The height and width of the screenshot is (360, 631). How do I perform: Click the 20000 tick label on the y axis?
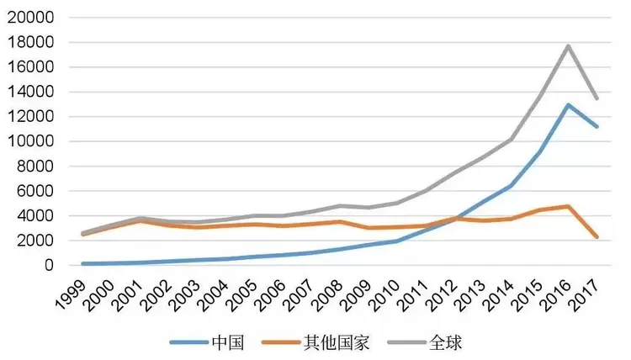[31, 18]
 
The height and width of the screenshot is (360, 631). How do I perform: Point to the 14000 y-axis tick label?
[31, 92]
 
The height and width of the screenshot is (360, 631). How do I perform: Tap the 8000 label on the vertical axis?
[35, 167]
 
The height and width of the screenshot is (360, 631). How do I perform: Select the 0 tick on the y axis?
[49, 265]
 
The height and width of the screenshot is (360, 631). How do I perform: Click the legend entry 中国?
[228, 342]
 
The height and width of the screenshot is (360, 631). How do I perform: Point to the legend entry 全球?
[446, 342]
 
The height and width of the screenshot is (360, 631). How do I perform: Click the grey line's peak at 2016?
[569, 45]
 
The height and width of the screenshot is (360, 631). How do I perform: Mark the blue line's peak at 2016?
[569, 105]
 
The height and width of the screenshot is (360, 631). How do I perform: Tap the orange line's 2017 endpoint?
[597, 237]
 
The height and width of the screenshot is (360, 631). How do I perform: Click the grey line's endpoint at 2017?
[597, 98]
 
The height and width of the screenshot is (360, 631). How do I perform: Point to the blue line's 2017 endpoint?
[597, 126]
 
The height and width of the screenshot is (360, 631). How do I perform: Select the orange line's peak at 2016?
[569, 206]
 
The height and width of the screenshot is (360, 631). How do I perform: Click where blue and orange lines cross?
[454, 219]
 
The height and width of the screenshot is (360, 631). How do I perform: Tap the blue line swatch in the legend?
[188, 342]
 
